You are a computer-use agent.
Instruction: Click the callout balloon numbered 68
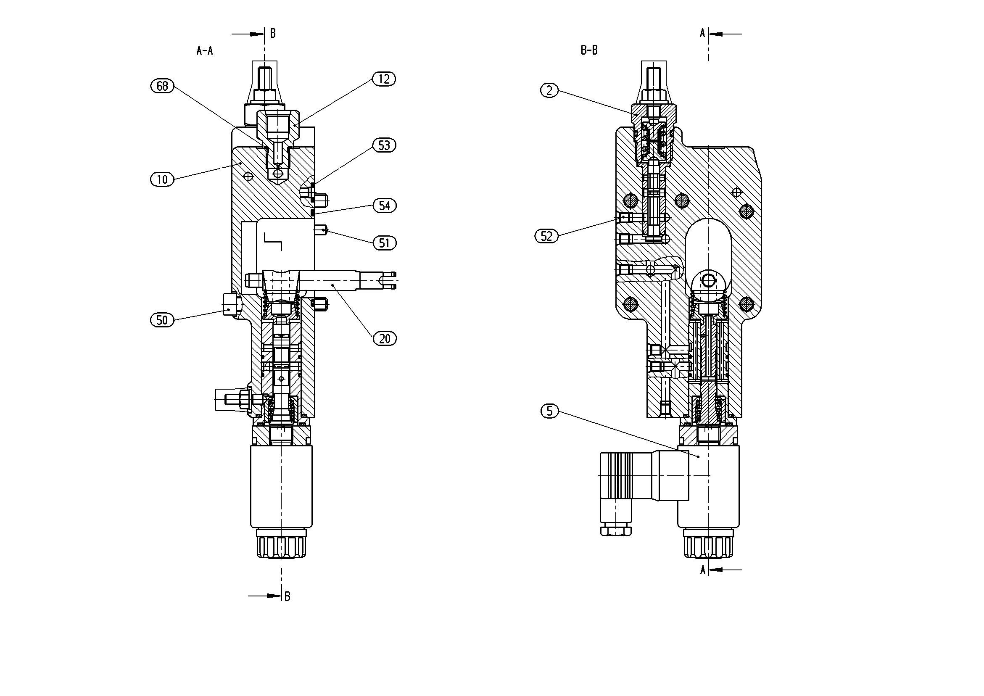pyautogui.click(x=162, y=86)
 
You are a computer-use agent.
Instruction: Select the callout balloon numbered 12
pyautogui.click(x=384, y=79)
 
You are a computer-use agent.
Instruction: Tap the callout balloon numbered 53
pyautogui.click(x=384, y=145)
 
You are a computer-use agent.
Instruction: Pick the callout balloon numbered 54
pyautogui.click(x=385, y=206)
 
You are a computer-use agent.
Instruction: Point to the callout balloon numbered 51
pyautogui.click(x=385, y=243)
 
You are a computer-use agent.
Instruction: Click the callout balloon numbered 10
pyautogui.click(x=162, y=179)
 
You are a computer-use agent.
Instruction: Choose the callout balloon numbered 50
pyautogui.click(x=162, y=320)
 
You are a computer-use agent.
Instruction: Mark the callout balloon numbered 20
pyautogui.click(x=385, y=339)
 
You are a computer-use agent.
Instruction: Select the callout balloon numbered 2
pyautogui.click(x=549, y=90)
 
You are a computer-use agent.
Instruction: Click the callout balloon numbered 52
pyautogui.click(x=546, y=236)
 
